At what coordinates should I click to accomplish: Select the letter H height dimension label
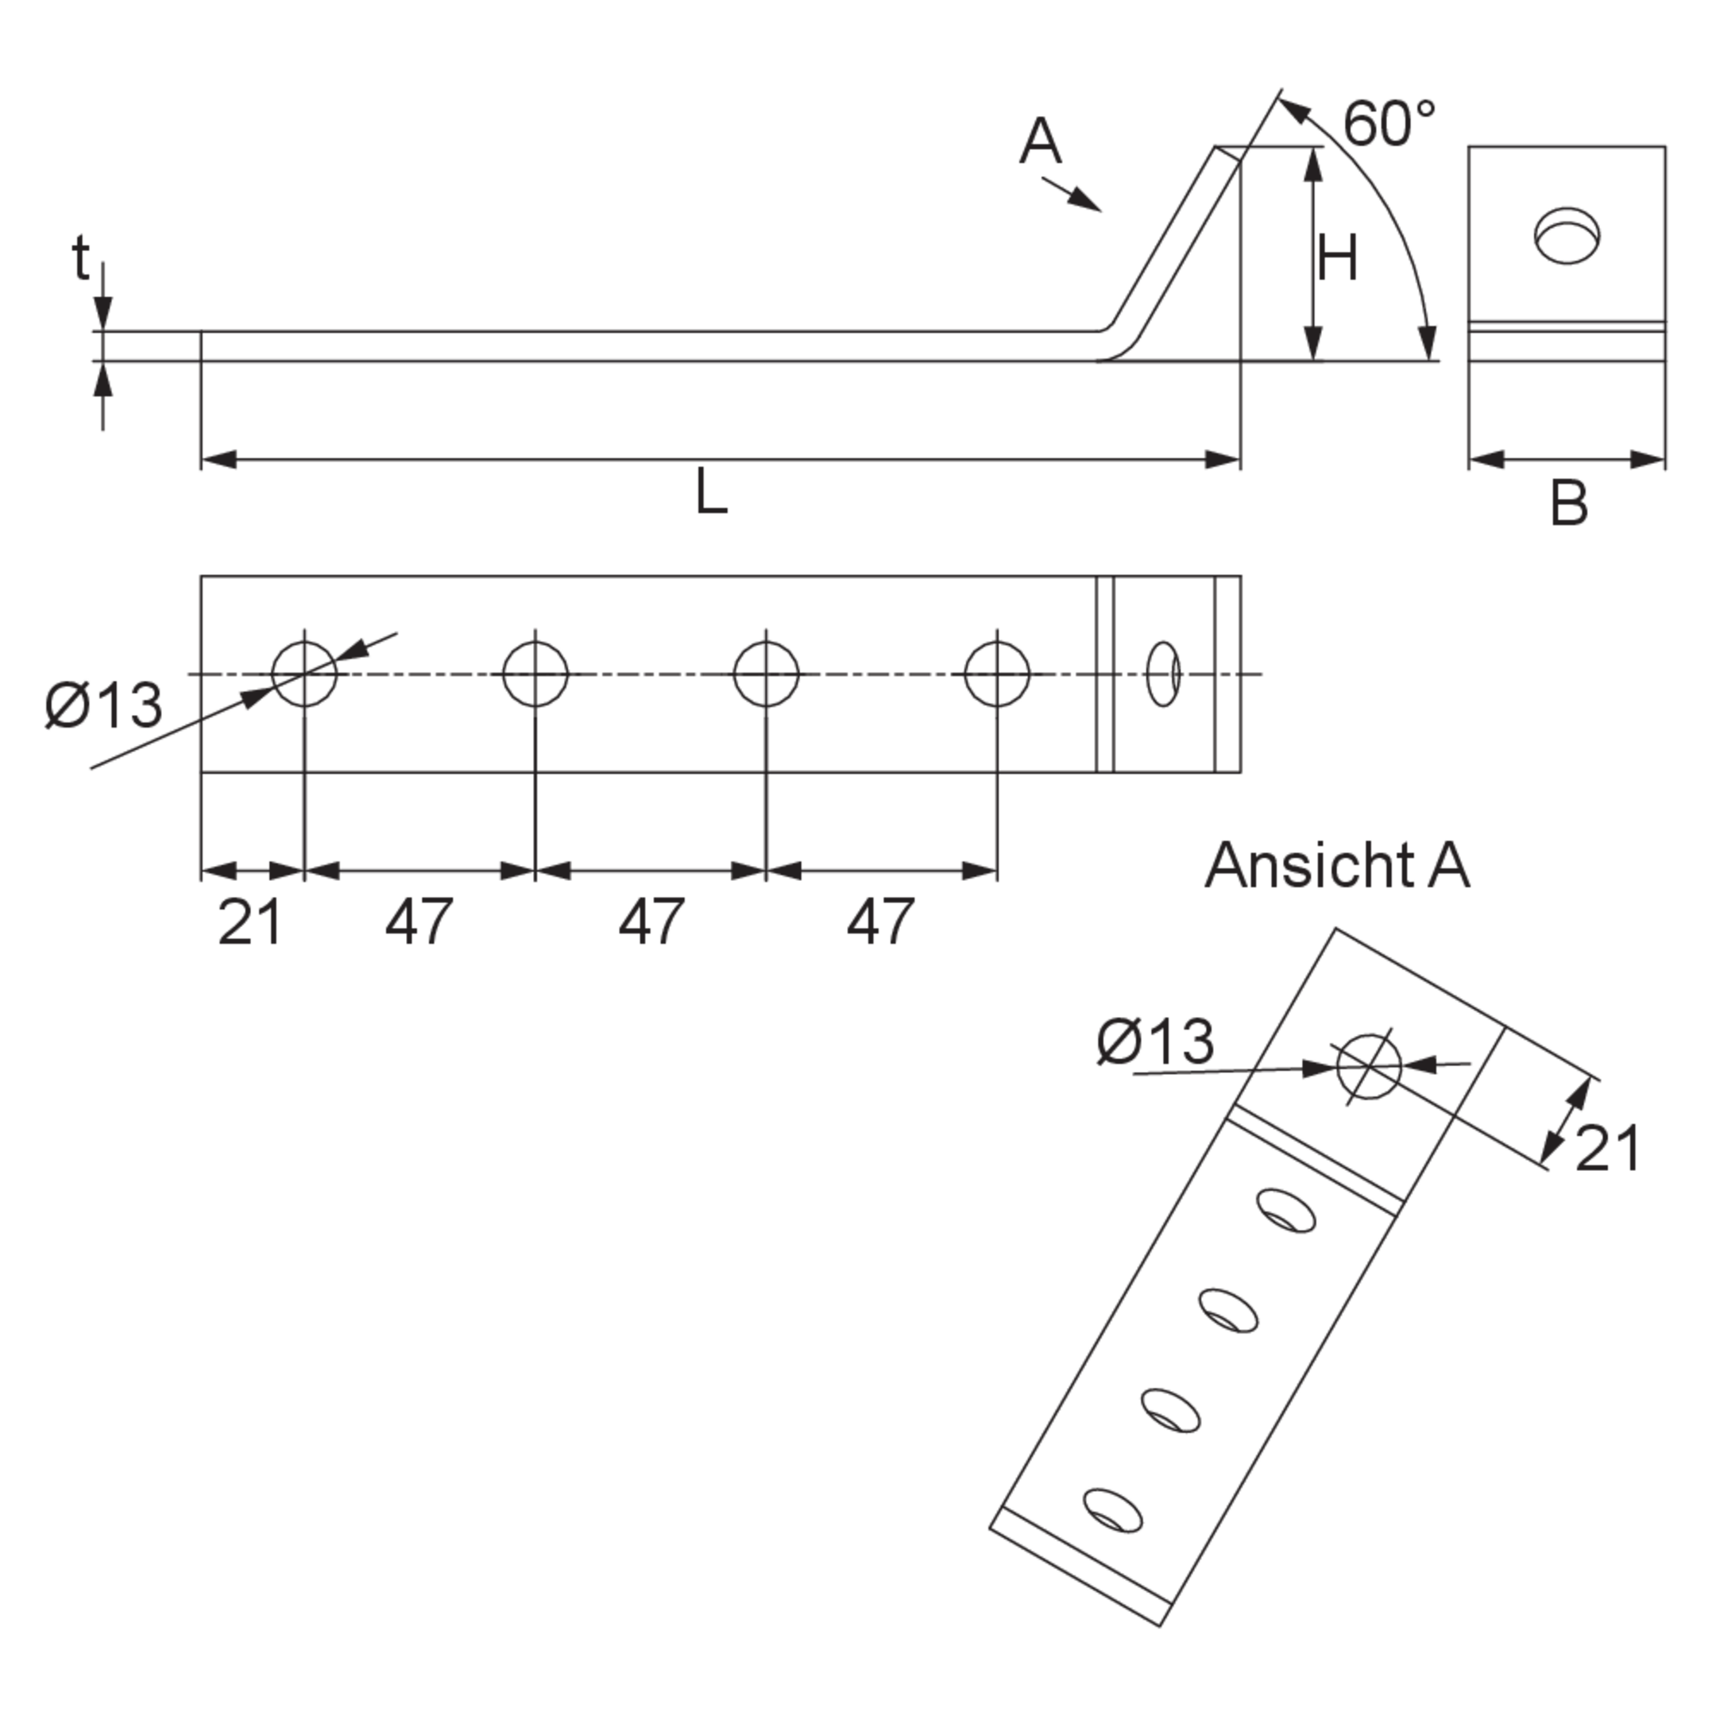click(1337, 258)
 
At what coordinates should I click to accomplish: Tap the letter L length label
click(712, 491)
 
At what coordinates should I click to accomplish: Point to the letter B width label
click(1568, 504)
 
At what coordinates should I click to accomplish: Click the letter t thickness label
click(81, 257)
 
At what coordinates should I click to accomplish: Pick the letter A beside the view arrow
click(1040, 141)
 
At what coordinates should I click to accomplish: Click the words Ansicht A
click(1338, 865)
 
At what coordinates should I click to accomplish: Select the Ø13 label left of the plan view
click(104, 705)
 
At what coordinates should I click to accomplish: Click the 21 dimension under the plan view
click(249, 922)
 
